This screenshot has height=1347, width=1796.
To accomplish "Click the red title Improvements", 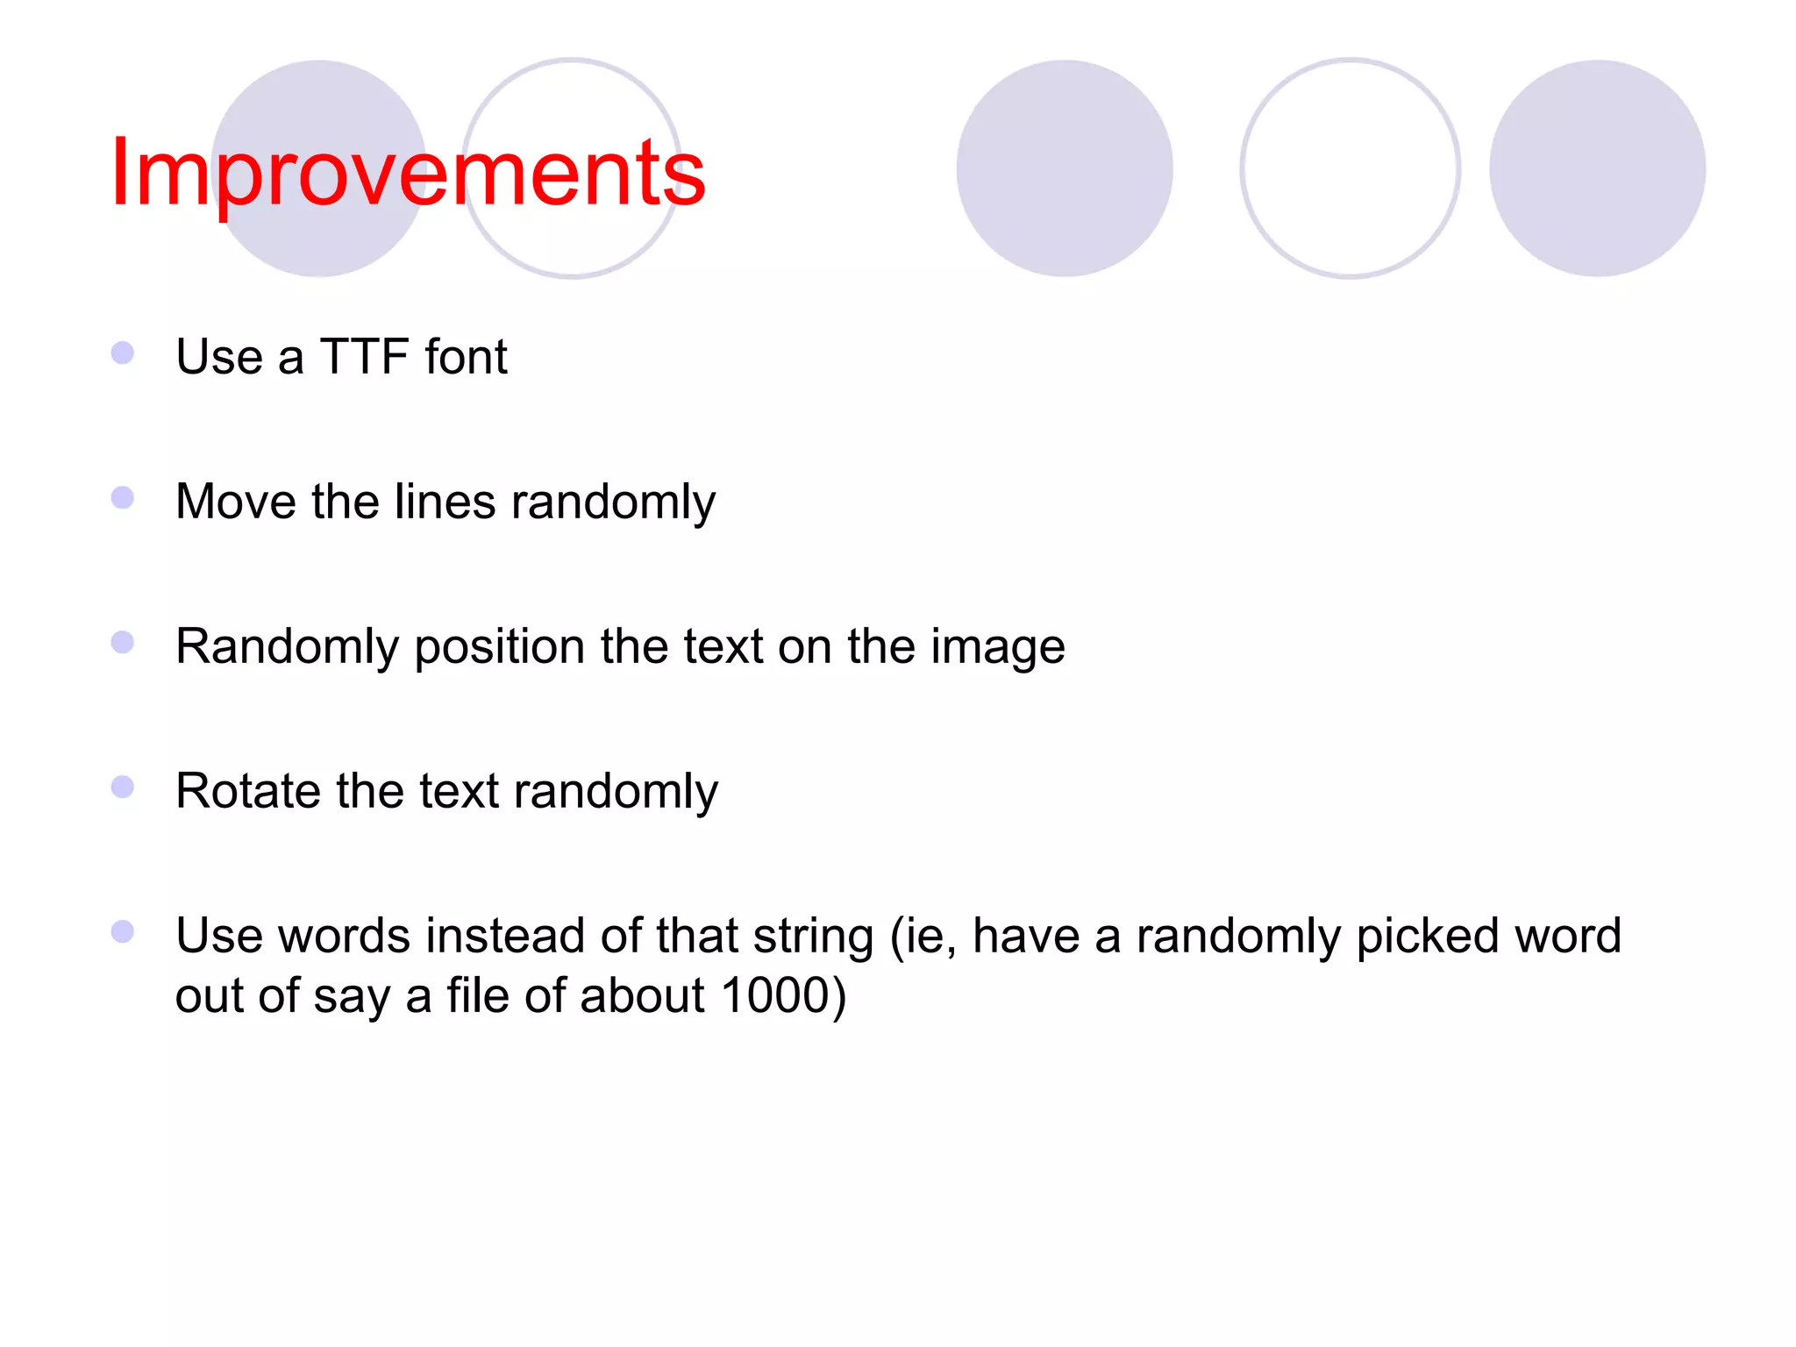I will [408, 173].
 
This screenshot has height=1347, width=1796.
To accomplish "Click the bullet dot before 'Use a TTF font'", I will [123, 353].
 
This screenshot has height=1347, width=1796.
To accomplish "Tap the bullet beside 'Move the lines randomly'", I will [123, 498].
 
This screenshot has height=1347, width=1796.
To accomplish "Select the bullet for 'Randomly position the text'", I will [123, 643].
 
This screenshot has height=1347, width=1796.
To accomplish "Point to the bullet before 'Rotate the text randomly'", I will [123, 787].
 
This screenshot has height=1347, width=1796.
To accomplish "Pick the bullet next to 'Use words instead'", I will [123, 931].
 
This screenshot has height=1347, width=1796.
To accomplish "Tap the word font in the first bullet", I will [466, 357].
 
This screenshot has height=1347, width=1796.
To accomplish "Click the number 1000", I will [775, 995].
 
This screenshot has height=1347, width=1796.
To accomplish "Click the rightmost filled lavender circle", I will [1597, 168].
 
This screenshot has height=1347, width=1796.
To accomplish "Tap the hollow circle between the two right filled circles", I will [1350, 168].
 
